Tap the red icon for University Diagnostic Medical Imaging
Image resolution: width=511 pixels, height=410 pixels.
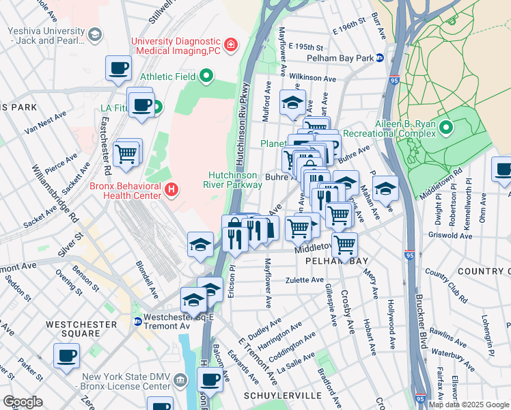[x=231, y=45]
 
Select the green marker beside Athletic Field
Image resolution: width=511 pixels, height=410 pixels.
[x=205, y=75]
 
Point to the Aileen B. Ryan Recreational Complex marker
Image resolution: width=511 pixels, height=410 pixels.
[x=446, y=128]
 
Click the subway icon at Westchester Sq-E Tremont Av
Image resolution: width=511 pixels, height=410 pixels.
[x=137, y=321]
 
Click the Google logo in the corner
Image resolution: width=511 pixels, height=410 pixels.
[x=23, y=401]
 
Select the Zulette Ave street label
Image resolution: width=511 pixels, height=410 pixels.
[x=305, y=279]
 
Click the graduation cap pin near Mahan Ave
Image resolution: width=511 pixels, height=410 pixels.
[x=385, y=189]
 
